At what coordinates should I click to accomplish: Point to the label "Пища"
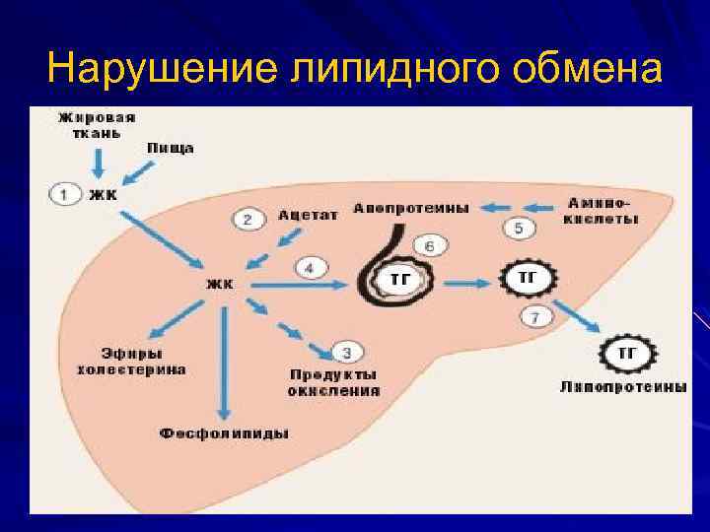click(170, 148)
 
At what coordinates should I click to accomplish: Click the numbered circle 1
click(64, 194)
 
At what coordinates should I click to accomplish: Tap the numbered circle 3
click(347, 352)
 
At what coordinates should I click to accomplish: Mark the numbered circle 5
click(520, 229)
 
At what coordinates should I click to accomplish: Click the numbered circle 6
click(429, 244)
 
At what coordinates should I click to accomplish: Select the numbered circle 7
click(535, 316)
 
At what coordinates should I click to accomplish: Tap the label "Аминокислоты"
click(601, 211)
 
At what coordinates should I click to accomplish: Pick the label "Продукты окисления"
click(333, 382)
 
